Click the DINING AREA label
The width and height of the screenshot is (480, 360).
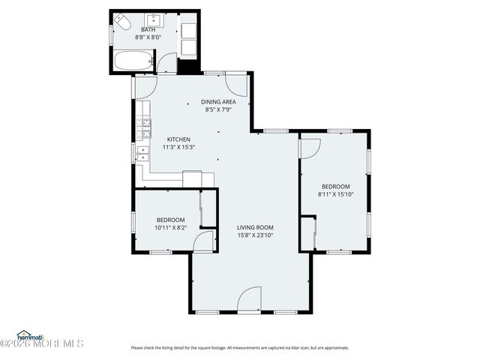[218, 102]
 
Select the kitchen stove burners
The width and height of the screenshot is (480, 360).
[142, 128]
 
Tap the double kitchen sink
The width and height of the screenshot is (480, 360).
[142, 153]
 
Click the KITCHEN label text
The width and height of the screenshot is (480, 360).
[178, 139]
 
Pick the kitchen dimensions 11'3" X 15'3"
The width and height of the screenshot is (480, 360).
[178, 147]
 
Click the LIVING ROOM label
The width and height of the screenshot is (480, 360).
[255, 228]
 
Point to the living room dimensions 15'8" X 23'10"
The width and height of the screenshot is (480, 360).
[255, 235]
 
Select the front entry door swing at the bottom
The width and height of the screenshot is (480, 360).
[249, 299]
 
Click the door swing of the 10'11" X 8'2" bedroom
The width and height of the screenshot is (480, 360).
[202, 241]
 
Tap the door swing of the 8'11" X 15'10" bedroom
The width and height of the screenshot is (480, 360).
[308, 147]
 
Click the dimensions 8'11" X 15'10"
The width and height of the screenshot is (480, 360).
[335, 194]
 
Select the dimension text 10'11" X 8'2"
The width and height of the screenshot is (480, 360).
[170, 227]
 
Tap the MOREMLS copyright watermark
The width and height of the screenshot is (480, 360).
[42, 344]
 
